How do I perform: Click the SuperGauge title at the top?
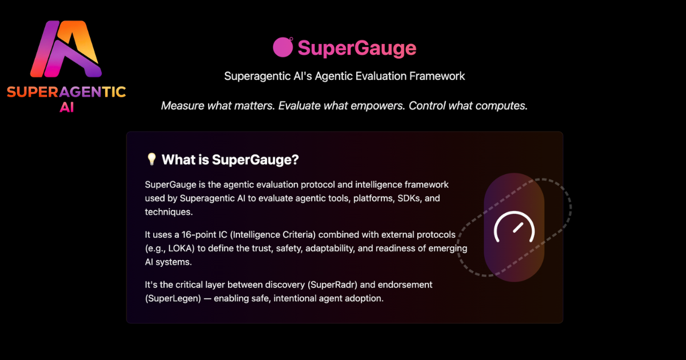pos(357,48)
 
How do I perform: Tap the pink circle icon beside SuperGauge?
pos(282,47)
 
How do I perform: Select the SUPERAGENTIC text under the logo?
pos(66,91)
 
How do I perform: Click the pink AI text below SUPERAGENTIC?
pos(67,107)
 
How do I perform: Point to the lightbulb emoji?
pos(151,159)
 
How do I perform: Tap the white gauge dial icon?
pos(514,227)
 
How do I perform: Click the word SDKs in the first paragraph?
pos(410,198)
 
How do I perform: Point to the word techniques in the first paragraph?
pos(169,212)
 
